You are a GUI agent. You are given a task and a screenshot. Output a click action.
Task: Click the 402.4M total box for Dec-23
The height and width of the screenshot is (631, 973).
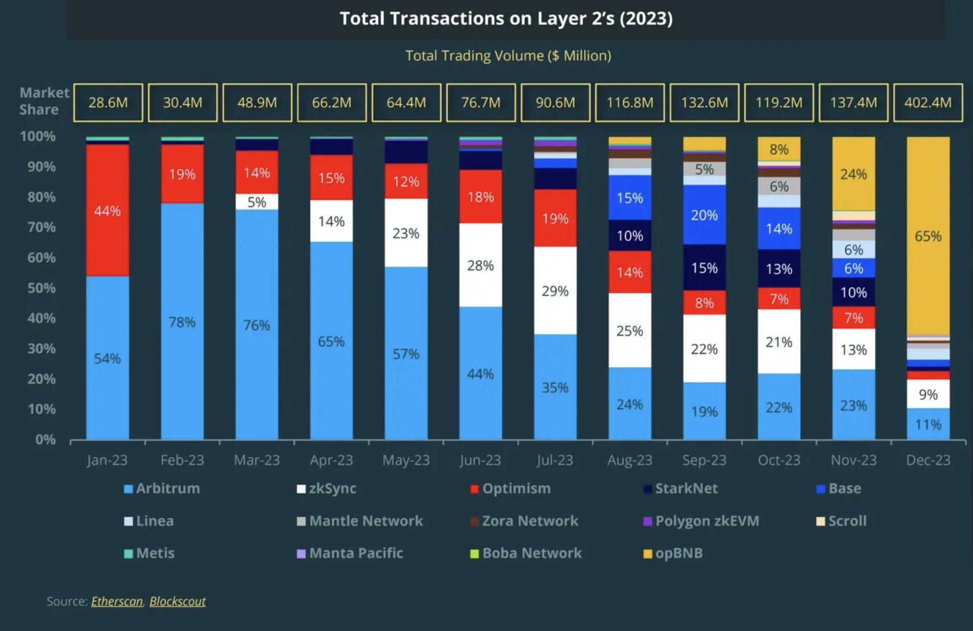(928, 102)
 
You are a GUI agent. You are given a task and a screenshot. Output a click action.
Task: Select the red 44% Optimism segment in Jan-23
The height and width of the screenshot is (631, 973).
(108, 210)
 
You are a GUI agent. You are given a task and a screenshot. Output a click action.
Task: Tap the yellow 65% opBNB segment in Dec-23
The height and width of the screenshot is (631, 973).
(928, 236)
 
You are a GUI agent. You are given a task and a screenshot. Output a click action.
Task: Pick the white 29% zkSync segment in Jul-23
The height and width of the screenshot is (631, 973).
(555, 291)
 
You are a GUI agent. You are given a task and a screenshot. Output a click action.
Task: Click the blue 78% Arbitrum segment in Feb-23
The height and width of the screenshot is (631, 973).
(182, 322)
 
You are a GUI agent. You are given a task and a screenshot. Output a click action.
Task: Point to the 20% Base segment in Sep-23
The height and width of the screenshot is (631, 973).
(704, 215)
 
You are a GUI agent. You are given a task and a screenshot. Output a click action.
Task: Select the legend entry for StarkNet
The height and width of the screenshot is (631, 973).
(681, 489)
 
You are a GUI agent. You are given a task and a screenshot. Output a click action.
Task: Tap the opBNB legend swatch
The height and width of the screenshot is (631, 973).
(647, 554)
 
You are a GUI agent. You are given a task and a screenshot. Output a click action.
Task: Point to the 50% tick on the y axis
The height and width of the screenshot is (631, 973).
(41, 288)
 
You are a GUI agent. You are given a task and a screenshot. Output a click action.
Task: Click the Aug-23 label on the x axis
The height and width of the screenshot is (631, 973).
(629, 460)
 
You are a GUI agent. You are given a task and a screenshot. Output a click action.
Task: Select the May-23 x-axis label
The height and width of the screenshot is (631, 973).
(406, 460)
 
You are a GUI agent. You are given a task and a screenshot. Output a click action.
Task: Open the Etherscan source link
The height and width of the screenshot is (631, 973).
(117, 602)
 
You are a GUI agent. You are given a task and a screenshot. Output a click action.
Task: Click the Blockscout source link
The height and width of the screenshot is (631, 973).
(178, 602)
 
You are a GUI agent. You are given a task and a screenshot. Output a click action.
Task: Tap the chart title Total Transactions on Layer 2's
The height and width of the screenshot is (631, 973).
(506, 19)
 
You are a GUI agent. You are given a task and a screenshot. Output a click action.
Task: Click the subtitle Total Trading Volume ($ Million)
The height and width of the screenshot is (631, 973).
(508, 56)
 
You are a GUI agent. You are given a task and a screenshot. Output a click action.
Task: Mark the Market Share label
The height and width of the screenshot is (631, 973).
(43, 101)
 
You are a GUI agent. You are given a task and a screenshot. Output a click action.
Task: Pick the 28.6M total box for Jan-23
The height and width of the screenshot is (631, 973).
(108, 102)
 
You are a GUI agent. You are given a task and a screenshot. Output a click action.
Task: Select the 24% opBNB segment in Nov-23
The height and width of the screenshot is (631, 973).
(853, 174)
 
